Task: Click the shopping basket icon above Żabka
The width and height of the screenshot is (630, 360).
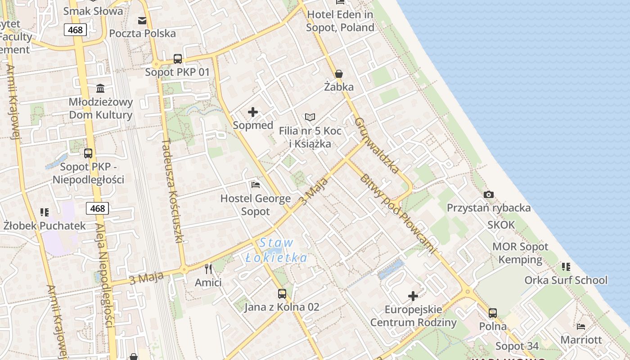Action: point(338,74)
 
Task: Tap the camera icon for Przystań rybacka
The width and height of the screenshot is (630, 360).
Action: point(488,195)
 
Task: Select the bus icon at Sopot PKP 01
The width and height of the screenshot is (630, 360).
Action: point(178,59)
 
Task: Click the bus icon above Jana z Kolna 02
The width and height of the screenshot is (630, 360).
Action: point(282,294)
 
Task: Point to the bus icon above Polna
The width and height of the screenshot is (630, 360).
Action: point(493,313)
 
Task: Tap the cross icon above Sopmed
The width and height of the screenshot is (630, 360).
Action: point(253,112)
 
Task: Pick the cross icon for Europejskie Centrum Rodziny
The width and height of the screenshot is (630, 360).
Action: point(413,296)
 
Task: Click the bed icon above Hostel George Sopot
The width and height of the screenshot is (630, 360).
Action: point(255,185)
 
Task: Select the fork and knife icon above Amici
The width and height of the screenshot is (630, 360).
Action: point(208,269)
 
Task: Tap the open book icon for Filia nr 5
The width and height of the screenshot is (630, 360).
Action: point(310,117)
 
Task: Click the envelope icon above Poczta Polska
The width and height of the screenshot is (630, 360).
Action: point(142,20)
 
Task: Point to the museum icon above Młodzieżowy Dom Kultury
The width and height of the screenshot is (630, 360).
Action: point(100,89)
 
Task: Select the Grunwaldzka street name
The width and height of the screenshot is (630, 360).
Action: point(376,145)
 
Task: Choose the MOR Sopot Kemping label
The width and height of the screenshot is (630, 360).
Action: point(520,253)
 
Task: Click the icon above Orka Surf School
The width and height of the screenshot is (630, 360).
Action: point(566,267)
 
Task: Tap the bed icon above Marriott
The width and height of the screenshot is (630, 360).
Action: point(581,326)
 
